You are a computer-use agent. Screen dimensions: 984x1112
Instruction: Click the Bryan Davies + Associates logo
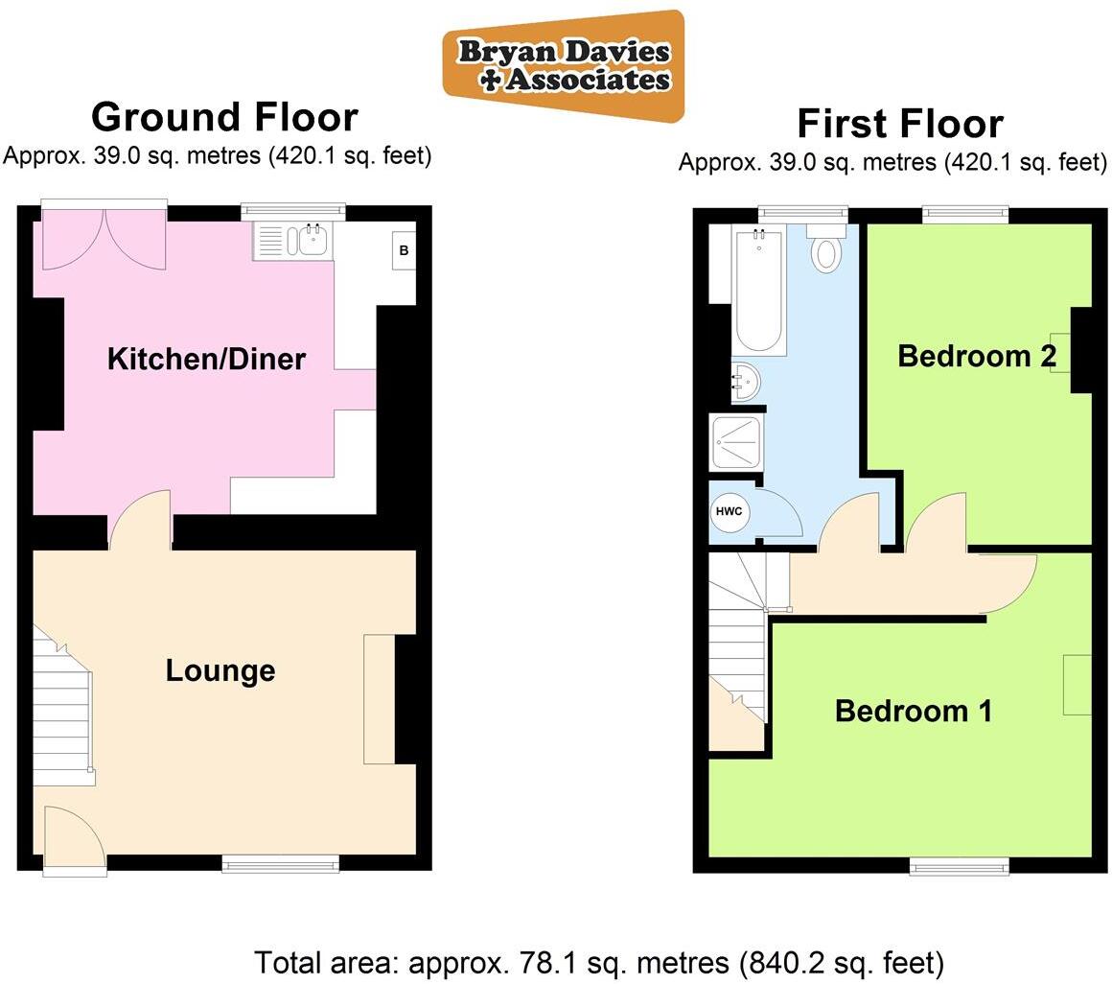tap(564, 65)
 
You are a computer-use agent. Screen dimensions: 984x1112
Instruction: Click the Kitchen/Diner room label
tap(206, 360)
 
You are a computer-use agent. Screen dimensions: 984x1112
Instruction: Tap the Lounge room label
tap(220, 670)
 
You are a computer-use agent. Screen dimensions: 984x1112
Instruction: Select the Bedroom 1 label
tap(914, 712)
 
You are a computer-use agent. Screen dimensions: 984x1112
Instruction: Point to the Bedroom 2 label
tap(977, 357)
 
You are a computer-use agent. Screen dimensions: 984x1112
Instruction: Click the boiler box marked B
tap(404, 251)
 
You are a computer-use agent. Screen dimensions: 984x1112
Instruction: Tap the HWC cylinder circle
tap(730, 512)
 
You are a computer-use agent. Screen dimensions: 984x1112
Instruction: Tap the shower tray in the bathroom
tap(736, 442)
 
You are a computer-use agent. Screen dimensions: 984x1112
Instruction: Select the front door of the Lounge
tap(75, 839)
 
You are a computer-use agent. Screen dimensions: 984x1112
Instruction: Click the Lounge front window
tap(281, 864)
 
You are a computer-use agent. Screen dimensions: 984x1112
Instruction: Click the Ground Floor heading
tap(224, 117)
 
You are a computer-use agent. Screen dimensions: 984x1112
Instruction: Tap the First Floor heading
tap(900, 124)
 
